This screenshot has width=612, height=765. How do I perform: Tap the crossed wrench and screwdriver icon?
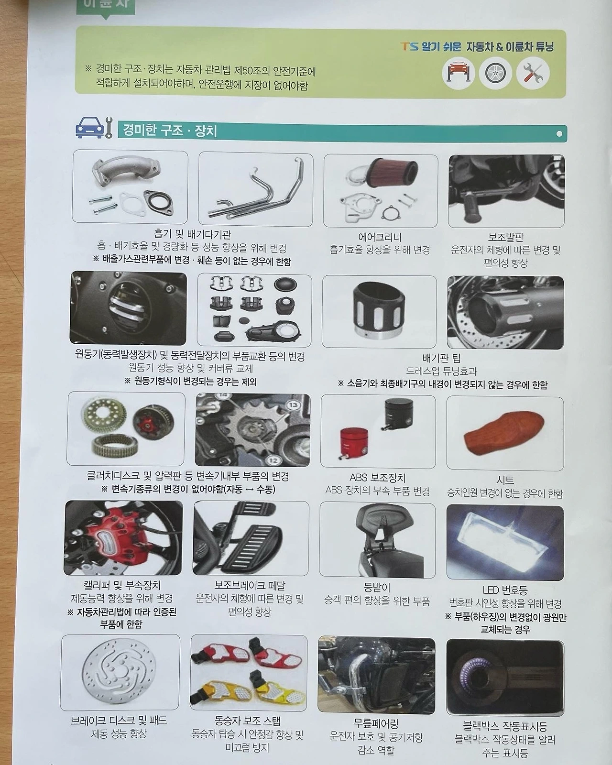click(533, 73)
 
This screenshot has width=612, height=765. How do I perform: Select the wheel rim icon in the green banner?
click(495, 73)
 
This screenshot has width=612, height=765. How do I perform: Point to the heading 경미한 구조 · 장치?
click(170, 131)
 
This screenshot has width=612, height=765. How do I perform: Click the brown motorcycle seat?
click(503, 433)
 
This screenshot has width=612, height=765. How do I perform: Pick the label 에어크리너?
click(380, 237)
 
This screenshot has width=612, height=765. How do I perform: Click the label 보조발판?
click(505, 237)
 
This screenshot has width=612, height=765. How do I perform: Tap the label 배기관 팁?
click(441, 358)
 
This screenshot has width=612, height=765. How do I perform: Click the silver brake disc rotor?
click(119, 673)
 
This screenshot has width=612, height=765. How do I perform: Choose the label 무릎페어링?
click(376, 723)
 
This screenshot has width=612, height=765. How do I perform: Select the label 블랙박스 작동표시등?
click(505, 726)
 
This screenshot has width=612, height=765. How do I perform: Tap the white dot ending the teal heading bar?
click(559, 134)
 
